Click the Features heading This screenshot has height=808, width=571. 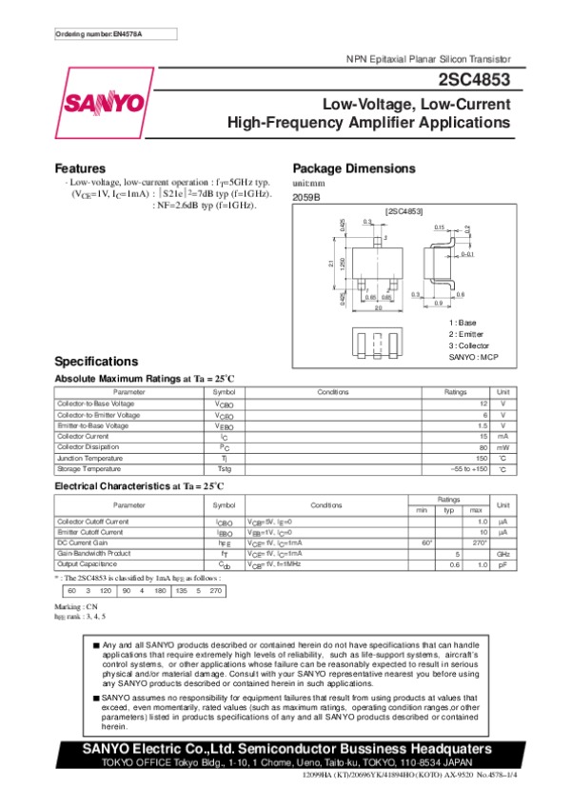(80, 168)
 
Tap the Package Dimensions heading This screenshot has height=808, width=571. (354, 168)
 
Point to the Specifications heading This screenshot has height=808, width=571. (96, 362)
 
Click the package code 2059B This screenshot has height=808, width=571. (306, 197)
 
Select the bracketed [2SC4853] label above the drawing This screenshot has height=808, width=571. (404, 208)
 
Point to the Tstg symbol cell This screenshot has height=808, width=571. (224, 469)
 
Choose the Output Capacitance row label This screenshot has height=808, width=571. (87, 564)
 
